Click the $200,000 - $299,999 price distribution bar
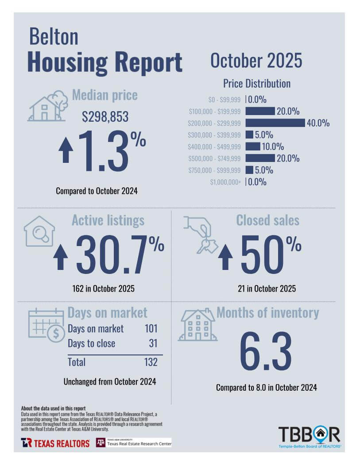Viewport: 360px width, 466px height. pyautogui.click(x=275, y=123)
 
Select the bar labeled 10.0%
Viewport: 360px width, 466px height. pyautogui.click(x=253, y=146)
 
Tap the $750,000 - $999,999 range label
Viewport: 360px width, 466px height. pyautogui.click(x=215, y=170)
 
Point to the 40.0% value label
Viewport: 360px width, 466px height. pyautogui.click(x=318, y=123)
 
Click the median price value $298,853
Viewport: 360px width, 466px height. pyautogui.click(x=105, y=117)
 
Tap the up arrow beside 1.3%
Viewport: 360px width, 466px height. pyautogui.click(x=66, y=150)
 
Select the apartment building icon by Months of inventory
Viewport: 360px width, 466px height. pyautogui.click(x=197, y=325)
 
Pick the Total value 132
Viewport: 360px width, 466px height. pyautogui.click(x=151, y=362)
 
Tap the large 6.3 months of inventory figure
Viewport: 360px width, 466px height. pyautogui.click(x=266, y=352)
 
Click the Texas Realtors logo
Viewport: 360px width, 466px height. pyautogui.click(x=55, y=443)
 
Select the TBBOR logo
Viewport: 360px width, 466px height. pyautogui.click(x=309, y=436)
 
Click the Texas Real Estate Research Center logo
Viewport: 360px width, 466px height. pyautogui.click(x=133, y=443)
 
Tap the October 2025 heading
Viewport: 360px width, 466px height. pyautogui.click(x=256, y=61)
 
